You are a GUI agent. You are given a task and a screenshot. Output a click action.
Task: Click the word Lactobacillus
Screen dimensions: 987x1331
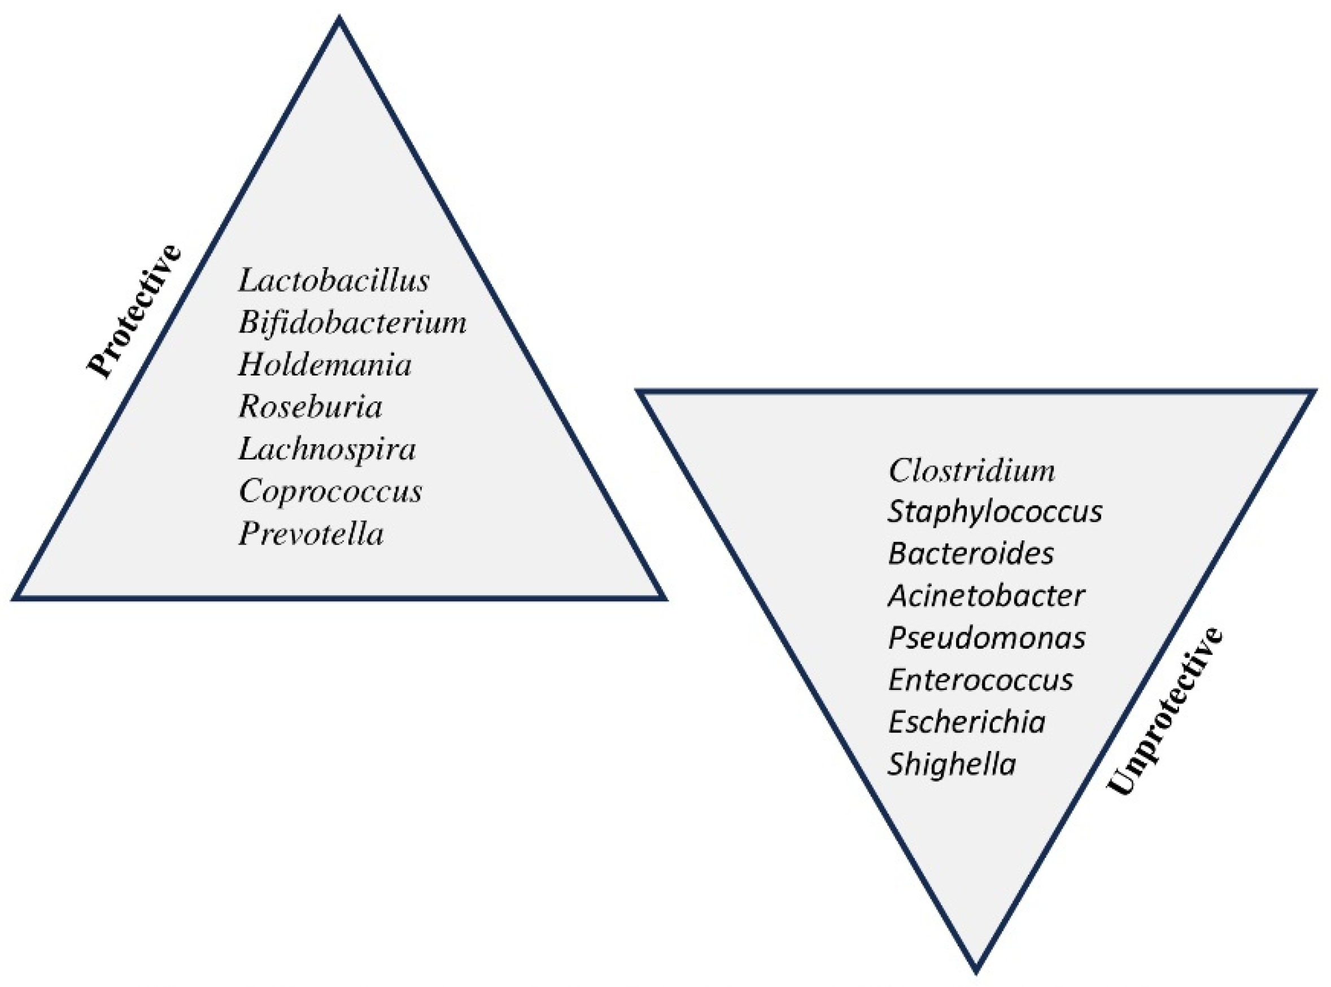pyautogui.click(x=333, y=280)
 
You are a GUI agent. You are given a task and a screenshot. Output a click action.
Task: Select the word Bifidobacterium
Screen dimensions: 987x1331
pyautogui.click(x=352, y=322)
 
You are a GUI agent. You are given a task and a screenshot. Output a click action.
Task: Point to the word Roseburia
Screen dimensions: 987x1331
pyautogui.click(x=311, y=407)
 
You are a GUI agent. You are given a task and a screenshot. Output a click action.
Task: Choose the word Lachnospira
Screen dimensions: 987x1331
pyautogui.click(x=328, y=449)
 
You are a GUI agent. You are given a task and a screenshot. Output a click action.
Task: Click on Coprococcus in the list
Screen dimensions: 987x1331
pyautogui.click(x=330, y=492)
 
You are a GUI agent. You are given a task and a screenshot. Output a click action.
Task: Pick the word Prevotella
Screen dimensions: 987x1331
pyautogui.click(x=311, y=534)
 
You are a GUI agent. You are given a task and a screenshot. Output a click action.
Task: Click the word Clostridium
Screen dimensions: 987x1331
pyautogui.click(x=972, y=471)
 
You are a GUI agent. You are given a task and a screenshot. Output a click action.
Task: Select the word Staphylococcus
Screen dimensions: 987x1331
pyautogui.click(x=994, y=512)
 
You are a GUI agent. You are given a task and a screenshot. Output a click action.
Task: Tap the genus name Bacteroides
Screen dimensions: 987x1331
pyautogui.click(x=971, y=554)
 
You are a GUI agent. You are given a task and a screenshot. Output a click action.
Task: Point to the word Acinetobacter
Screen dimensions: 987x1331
pyautogui.click(x=987, y=596)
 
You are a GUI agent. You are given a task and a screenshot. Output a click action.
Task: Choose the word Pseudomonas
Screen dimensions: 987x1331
pyautogui.click(x=987, y=638)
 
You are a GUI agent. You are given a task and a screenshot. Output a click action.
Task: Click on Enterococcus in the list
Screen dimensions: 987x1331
pyautogui.click(x=980, y=680)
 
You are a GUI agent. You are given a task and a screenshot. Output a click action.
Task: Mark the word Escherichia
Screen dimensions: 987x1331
pyautogui.click(x=967, y=722)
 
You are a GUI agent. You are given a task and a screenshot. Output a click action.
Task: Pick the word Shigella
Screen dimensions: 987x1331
pyautogui.click(x=952, y=764)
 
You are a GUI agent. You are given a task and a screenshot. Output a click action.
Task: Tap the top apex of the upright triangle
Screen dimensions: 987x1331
pyautogui.click(x=339, y=20)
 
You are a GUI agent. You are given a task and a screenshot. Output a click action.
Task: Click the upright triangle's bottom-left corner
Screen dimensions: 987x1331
pyautogui.click(x=16, y=596)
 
